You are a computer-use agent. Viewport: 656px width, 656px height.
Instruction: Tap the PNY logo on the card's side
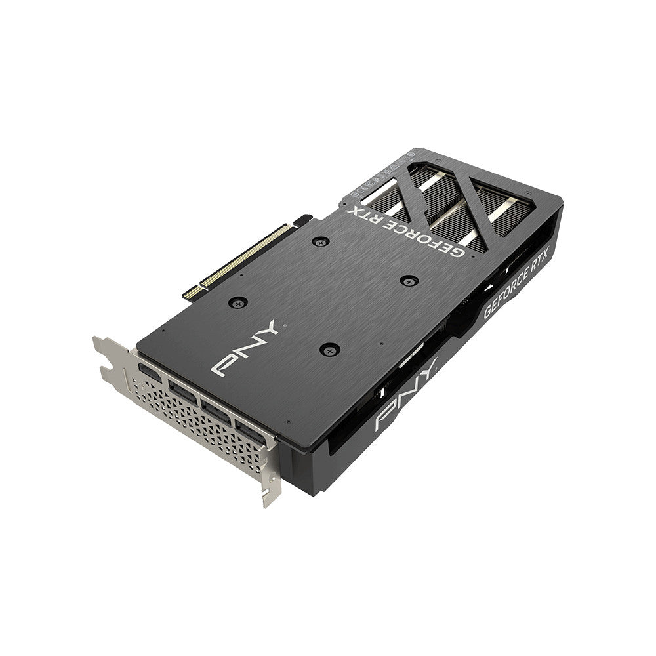(406, 397)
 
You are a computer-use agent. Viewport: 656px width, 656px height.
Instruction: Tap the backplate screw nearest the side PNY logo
(329, 348)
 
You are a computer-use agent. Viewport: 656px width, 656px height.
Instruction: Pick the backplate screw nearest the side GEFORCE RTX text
(409, 280)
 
